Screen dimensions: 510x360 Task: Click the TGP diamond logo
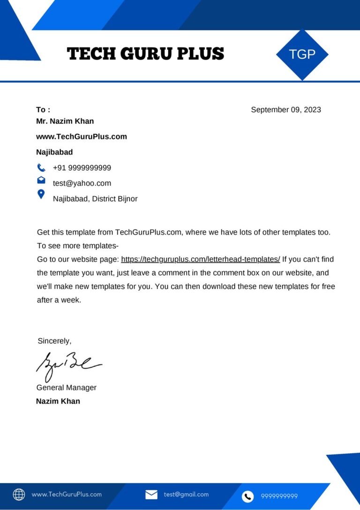click(x=302, y=54)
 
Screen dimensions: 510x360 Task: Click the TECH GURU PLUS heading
click(x=146, y=54)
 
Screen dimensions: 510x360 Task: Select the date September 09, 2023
click(x=286, y=110)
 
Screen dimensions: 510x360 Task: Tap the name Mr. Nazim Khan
click(x=65, y=121)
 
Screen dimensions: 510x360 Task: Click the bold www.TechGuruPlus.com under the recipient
click(x=82, y=137)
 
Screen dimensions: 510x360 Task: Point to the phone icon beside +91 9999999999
click(x=41, y=167)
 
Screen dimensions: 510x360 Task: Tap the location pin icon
click(x=41, y=194)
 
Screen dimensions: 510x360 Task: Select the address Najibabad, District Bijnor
click(x=95, y=198)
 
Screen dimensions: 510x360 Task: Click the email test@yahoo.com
click(x=82, y=183)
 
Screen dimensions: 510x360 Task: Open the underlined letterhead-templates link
click(x=201, y=259)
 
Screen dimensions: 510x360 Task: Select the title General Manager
click(x=67, y=388)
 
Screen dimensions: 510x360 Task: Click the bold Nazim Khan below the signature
click(x=58, y=401)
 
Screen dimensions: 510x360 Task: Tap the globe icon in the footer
click(x=19, y=495)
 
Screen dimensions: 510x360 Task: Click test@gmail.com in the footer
click(x=186, y=495)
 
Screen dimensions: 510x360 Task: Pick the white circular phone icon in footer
click(x=248, y=496)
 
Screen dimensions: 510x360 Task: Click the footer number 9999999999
click(x=279, y=496)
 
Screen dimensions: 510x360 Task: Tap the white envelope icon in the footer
click(x=151, y=495)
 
